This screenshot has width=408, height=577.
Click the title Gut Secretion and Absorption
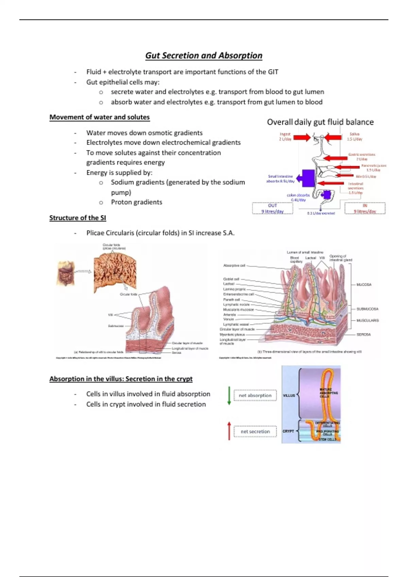pyautogui.click(x=204, y=56)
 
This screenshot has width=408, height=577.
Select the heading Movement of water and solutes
pyautogui.click(x=99, y=117)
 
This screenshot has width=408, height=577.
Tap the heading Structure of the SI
pyautogui.click(x=78, y=218)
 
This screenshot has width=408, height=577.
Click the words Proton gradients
pyautogui.click(x=136, y=202)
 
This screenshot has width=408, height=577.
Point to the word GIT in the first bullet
pyautogui.click(x=273, y=72)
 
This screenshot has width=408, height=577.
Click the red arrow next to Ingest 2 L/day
pyautogui.click(x=302, y=137)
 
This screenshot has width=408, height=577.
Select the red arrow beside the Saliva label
pyautogui.click(x=333, y=137)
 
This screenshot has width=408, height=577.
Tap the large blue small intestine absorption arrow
pyautogui.click(x=306, y=178)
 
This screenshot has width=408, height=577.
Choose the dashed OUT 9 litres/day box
pyautogui.click(x=272, y=208)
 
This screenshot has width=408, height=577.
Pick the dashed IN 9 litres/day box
pyautogui.click(x=365, y=208)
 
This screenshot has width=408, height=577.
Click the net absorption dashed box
pyautogui.click(x=255, y=395)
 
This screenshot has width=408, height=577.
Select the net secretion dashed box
pyautogui.click(x=255, y=432)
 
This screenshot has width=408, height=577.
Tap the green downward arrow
pyautogui.click(x=229, y=395)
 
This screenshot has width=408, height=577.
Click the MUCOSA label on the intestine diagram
pyautogui.click(x=363, y=284)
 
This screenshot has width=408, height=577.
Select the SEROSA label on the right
pyautogui.click(x=363, y=335)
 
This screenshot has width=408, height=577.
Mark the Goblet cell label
pyautogui.click(x=231, y=279)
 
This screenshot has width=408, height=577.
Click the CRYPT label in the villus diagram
pyautogui.click(x=288, y=431)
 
